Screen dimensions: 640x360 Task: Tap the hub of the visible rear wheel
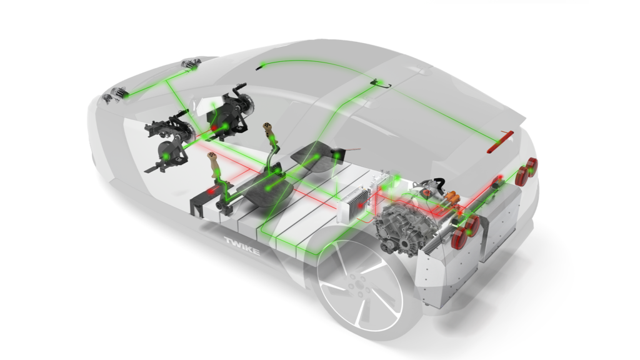tap(358, 283)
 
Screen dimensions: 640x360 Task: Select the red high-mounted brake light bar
tap(501, 141)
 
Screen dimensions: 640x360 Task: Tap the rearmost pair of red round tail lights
tap(526, 171)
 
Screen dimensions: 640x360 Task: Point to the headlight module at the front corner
tap(116, 96)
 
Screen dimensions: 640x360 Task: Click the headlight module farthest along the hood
tap(191, 64)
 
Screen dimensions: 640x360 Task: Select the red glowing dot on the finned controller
tap(361, 205)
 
